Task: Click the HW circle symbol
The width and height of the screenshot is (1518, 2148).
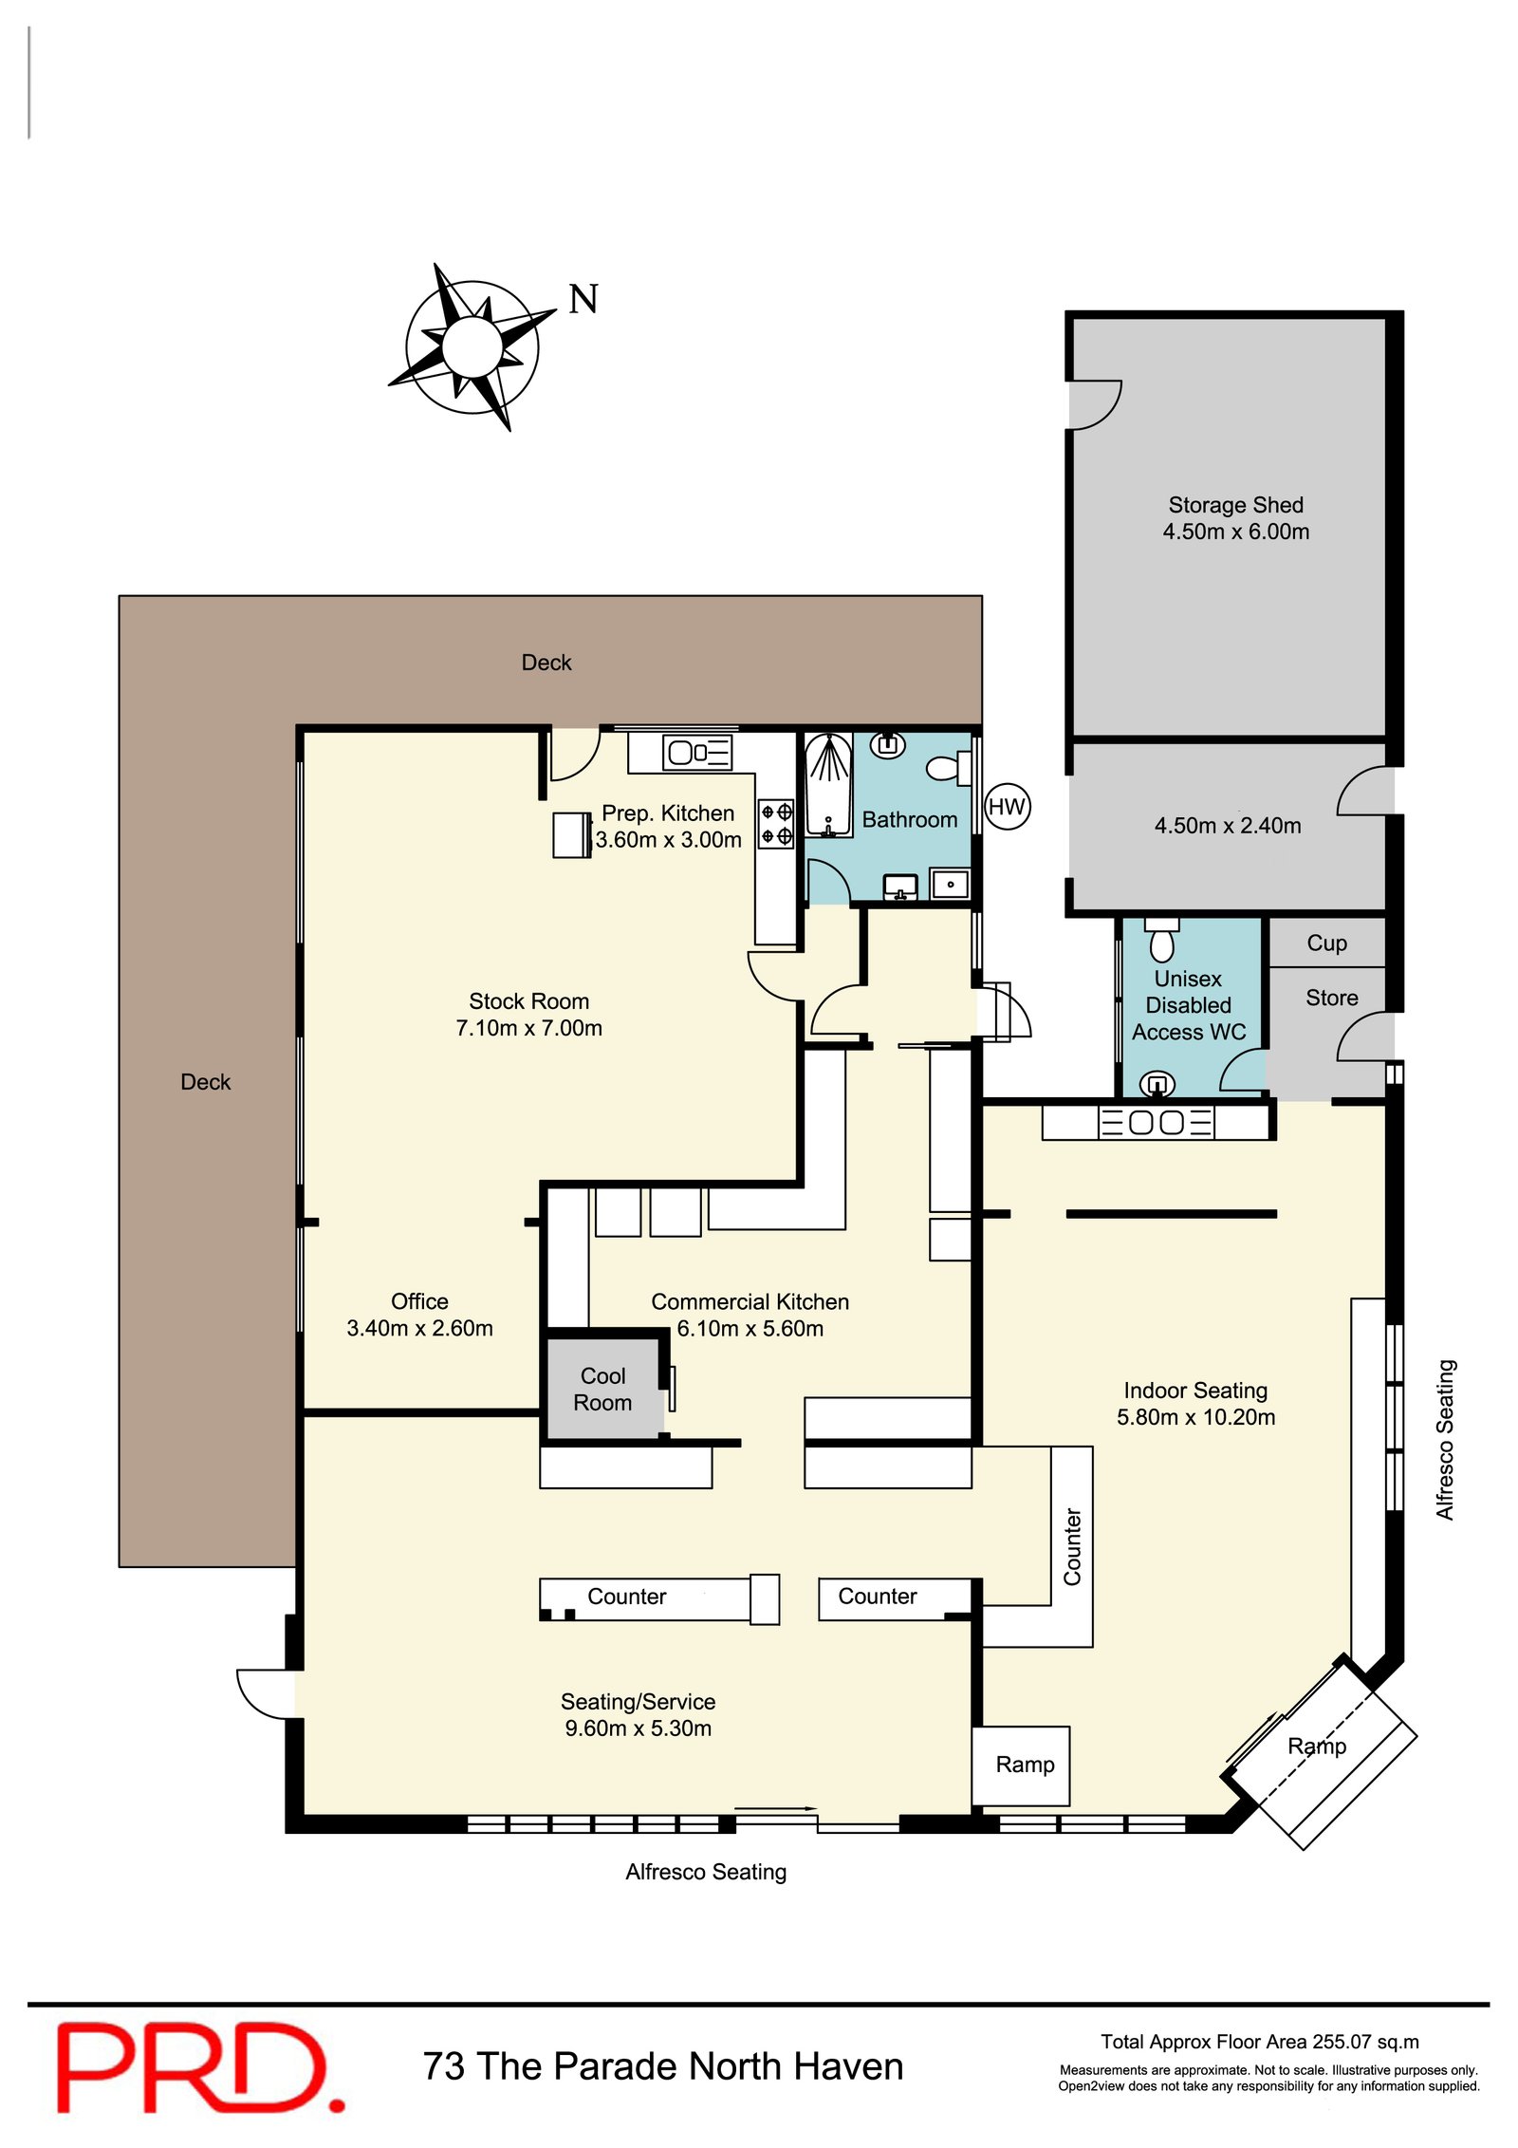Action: pyautogui.click(x=1007, y=807)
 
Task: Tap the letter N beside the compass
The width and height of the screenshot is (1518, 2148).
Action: pyautogui.click(x=583, y=300)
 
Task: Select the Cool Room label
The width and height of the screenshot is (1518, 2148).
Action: pyautogui.click(x=602, y=1389)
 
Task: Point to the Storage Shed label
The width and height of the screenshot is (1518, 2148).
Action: pyautogui.click(x=1235, y=505)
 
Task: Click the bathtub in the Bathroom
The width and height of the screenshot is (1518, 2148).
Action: pyautogui.click(x=828, y=786)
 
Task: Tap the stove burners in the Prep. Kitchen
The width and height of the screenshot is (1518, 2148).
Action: pyautogui.click(x=776, y=824)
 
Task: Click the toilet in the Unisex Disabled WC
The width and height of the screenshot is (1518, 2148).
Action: pyautogui.click(x=1161, y=940)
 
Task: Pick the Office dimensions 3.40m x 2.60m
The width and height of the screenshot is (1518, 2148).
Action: pyautogui.click(x=419, y=1328)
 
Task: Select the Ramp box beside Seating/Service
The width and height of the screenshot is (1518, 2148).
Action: pyautogui.click(x=1021, y=1765)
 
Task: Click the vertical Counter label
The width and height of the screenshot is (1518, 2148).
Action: pyautogui.click(x=1072, y=1546)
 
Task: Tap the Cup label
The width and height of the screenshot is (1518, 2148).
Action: pyautogui.click(x=1326, y=943)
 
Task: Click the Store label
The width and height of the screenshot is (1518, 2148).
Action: pyautogui.click(x=1331, y=998)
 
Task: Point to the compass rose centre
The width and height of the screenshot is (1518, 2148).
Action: pyautogui.click(x=472, y=346)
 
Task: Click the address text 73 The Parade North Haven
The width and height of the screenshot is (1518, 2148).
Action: pyautogui.click(x=663, y=2066)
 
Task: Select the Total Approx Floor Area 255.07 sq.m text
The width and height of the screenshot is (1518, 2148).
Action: pyautogui.click(x=1259, y=2042)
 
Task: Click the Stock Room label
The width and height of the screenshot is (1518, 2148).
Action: pyautogui.click(x=528, y=1001)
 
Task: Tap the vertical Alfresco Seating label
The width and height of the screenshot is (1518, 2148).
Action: pyautogui.click(x=1445, y=1440)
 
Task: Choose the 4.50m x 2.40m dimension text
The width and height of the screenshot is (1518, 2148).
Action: pyautogui.click(x=1228, y=826)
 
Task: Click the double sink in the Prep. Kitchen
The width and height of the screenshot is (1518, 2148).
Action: pyautogui.click(x=697, y=752)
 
